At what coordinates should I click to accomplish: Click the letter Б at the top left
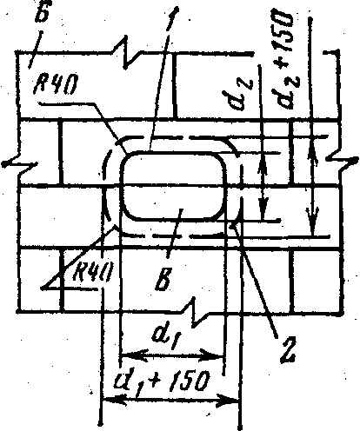[x=42, y=11]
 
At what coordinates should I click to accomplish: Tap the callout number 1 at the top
[x=171, y=18]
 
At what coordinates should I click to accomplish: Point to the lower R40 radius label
[x=92, y=272]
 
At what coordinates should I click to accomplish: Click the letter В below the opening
[x=163, y=279]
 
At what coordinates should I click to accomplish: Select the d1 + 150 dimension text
[x=161, y=381]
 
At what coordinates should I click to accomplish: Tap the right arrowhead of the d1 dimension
[x=212, y=355]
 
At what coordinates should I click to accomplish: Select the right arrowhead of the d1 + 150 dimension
[x=227, y=401]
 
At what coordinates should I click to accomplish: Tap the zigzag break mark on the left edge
[x=20, y=164]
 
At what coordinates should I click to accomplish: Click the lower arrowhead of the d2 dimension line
[x=263, y=208]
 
